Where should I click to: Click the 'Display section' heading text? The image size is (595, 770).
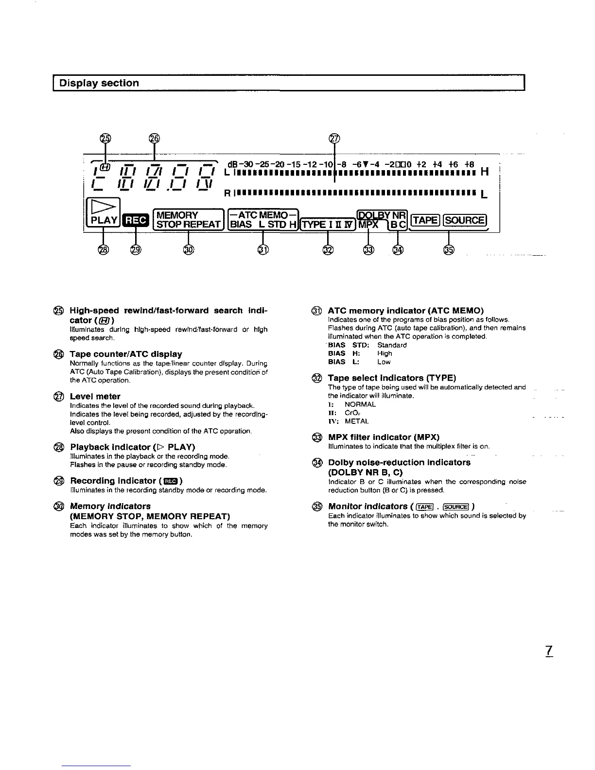(99, 83)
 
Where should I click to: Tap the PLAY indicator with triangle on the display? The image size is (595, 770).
(102, 213)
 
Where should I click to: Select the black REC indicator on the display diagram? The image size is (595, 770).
(135, 221)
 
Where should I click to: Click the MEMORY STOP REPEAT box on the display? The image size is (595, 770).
(188, 220)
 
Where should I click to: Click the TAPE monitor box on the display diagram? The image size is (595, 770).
(425, 221)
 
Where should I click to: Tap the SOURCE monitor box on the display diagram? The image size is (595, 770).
(465, 221)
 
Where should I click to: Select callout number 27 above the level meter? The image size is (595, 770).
(334, 139)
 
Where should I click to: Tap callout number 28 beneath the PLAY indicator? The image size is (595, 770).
(103, 249)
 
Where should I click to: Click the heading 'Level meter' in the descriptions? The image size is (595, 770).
(95, 396)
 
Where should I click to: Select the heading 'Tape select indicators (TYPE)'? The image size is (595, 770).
(392, 378)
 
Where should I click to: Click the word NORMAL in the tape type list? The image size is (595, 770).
(360, 404)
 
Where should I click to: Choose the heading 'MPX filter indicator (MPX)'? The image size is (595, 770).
(384, 437)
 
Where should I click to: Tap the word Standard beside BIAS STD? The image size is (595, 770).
(392, 345)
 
